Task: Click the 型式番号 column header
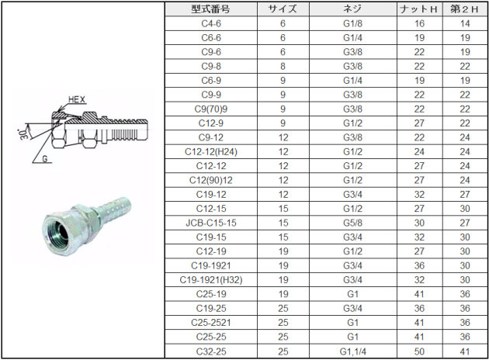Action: [210, 9]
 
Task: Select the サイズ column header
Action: [283, 9]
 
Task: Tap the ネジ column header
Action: [352, 9]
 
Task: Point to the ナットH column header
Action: [419, 9]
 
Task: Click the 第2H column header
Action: [465, 9]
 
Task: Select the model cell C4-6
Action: [211, 24]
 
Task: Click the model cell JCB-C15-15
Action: [211, 223]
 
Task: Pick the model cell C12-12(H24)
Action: [211, 152]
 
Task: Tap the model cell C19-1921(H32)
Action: [211, 280]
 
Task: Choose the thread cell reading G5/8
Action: [352, 223]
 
